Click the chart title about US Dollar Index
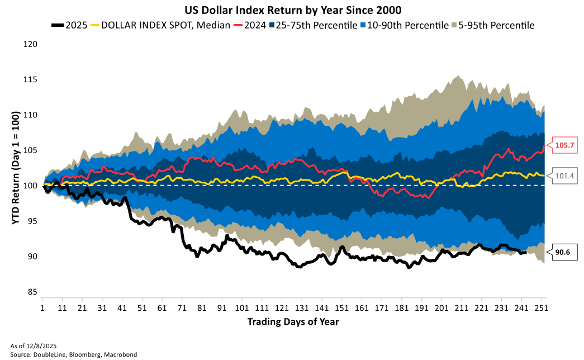292,10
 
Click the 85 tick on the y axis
32,292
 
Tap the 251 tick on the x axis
541,308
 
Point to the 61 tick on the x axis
162,308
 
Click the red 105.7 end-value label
564,145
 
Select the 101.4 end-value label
564,176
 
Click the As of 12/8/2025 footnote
34,347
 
